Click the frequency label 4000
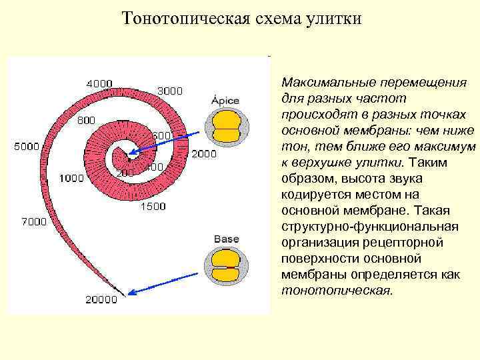[x=99, y=83]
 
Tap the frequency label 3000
[x=169, y=91]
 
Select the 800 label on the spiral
[x=86, y=120]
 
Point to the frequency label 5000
[x=27, y=147]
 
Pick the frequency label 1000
[x=71, y=178]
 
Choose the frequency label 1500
[x=153, y=207]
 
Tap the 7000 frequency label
[x=33, y=221]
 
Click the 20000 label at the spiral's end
[x=101, y=299]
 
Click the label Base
[x=226, y=239]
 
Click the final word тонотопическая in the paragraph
[x=338, y=291]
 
